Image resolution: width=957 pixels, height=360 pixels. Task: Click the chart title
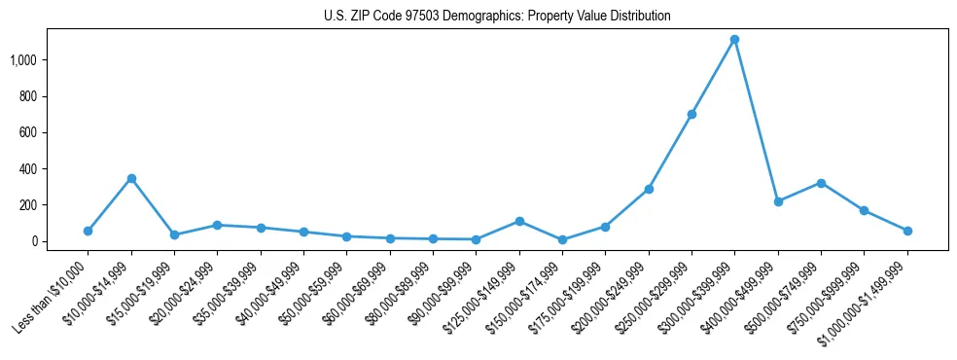click(497, 17)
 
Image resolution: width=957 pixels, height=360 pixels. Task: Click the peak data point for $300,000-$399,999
click(735, 40)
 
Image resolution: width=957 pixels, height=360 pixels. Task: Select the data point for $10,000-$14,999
click(131, 178)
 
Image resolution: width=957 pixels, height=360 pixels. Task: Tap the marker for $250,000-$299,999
click(691, 114)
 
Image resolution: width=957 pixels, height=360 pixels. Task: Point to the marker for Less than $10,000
click(88, 231)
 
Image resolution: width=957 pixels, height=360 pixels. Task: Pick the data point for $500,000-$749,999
click(821, 183)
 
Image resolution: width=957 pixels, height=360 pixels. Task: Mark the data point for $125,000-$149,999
click(519, 221)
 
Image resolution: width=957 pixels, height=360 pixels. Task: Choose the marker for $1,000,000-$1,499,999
click(907, 231)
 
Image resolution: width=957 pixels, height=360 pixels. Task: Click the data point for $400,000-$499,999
click(778, 201)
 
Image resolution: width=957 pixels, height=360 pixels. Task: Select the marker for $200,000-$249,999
click(649, 189)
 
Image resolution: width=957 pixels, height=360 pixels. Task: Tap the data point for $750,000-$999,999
click(864, 210)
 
